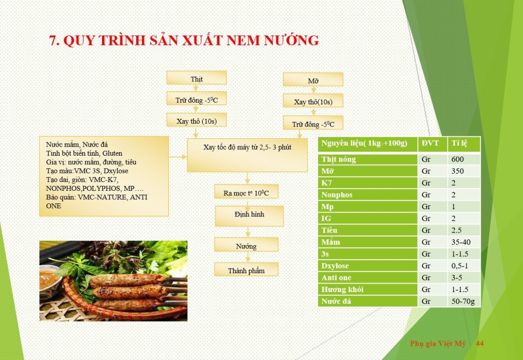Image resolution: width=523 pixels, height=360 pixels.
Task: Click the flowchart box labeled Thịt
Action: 197,78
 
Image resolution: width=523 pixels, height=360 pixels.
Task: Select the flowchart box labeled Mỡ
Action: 313,80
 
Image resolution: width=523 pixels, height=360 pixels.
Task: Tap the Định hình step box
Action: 249,216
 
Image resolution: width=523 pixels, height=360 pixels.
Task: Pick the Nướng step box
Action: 246,244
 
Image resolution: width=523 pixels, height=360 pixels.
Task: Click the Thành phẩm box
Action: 246,269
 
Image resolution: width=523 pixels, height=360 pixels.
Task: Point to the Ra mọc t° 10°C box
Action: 246,192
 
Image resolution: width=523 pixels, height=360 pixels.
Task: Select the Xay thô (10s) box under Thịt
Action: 197,120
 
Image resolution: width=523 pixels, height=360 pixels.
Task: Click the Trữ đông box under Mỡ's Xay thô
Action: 313,123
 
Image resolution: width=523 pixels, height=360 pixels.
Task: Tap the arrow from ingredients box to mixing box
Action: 178,157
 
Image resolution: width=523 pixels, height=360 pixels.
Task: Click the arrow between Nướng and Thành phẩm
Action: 247,257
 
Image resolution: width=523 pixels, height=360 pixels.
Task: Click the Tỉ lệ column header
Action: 459,144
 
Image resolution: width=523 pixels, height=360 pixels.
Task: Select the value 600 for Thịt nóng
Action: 457,159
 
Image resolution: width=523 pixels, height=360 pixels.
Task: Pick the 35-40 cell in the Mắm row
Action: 461,242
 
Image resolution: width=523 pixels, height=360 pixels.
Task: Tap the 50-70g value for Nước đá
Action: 463,301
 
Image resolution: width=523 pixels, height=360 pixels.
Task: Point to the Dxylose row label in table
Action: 335,266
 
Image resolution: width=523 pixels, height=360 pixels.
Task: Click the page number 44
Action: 480,343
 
